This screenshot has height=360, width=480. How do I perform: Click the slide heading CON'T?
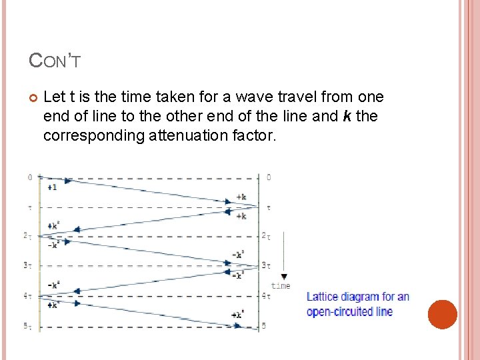click(55, 61)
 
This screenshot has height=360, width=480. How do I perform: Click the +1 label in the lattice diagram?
click(53, 188)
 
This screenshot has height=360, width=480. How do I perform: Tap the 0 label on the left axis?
click(30, 177)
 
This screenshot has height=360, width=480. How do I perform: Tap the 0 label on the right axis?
click(269, 177)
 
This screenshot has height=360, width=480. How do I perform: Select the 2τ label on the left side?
click(29, 236)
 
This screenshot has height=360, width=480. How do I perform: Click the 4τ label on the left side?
click(29, 295)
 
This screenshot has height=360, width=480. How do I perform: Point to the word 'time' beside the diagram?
click(281, 286)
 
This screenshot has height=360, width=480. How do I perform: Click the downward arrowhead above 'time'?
click(284, 276)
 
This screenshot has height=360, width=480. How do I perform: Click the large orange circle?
click(442, 314)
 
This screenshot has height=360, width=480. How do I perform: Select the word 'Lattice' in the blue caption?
click(322, 297)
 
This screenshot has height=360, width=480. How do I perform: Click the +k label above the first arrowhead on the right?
click(241, 197)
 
